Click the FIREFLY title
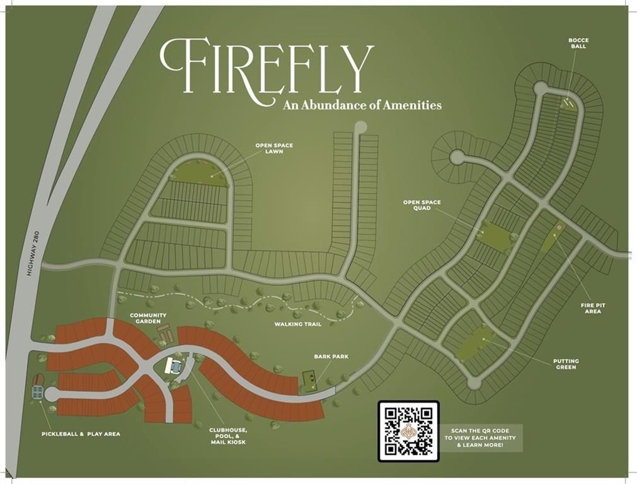266,66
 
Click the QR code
408,431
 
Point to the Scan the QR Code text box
483,437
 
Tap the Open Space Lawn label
274,149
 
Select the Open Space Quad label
422,205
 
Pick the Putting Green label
565,364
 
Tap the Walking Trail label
297,325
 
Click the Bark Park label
331,357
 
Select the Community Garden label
148,318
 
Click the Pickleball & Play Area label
81,434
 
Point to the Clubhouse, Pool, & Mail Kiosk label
228,436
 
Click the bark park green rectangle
309,379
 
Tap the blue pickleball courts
37,392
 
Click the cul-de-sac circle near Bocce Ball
541,88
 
